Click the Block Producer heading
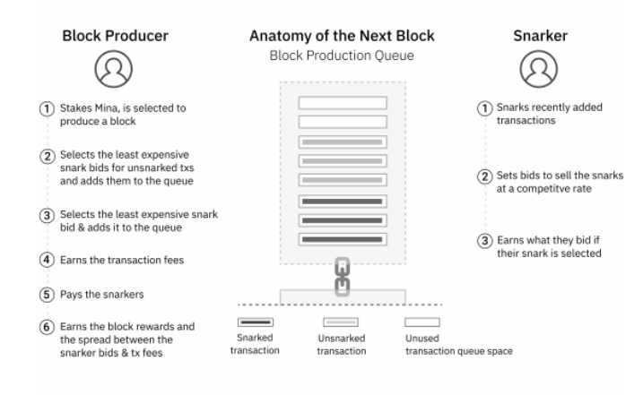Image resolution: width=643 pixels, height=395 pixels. pos(115,36)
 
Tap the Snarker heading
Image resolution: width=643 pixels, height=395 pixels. pos(541,36)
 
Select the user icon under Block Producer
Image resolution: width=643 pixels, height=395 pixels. pos(114,69)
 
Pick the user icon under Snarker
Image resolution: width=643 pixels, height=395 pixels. pos(539,69)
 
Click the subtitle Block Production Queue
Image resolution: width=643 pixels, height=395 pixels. pos(342,56)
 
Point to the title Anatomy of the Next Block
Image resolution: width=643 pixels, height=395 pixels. pos(342,36)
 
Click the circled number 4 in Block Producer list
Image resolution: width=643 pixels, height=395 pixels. pos(47,260)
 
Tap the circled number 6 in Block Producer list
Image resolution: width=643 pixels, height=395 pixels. pos(47,327)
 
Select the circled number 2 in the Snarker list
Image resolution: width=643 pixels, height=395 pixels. pos(484,176)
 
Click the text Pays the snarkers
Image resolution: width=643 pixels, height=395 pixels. pos(101,294)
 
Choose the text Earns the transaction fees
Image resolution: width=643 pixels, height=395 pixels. pos(122,260)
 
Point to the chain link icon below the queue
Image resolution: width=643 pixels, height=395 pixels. pos(343,277)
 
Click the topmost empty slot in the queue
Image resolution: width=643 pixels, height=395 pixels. pos(343,103)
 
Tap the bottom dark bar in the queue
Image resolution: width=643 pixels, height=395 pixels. pos(343,239)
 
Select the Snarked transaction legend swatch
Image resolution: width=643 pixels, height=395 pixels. pos(256,322)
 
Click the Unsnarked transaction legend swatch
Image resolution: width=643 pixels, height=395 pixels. pos(341,322)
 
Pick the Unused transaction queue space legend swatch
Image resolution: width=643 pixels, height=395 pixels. pos(422,322)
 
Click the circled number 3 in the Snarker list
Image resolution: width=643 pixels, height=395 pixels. pos(484,241)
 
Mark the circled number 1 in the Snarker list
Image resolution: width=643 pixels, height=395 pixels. pos(484,108)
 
